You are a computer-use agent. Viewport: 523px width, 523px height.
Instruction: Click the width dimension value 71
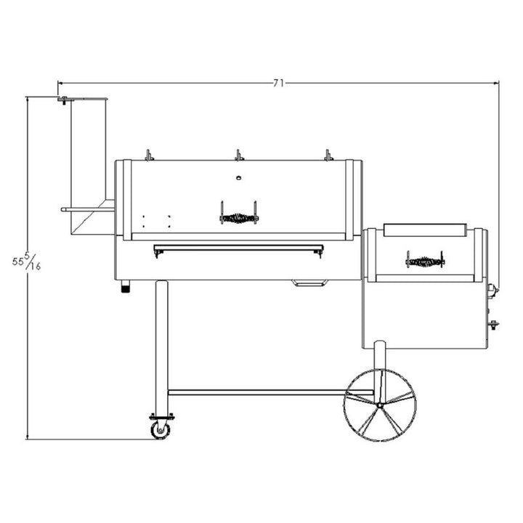pos(278,83)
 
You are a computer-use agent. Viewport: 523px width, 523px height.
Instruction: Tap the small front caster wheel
pos(160,429)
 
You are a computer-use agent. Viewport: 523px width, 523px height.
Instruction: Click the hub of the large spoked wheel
pos(380,405)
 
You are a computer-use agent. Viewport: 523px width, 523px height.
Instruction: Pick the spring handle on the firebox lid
pos(425,260)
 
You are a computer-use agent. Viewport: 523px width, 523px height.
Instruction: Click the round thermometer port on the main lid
pos(238,178)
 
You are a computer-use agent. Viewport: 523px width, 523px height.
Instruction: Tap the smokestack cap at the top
pos(82,99)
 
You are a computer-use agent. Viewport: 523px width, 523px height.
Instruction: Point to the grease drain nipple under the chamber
pos(126,286)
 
